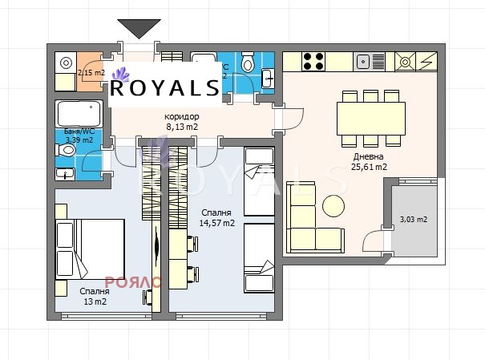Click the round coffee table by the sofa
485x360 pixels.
(333, 206)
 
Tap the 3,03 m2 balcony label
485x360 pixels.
(414, 219)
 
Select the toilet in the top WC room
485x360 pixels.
(248, 63)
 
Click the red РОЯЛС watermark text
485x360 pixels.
(139, 282)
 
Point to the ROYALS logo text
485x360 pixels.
(164, 87)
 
